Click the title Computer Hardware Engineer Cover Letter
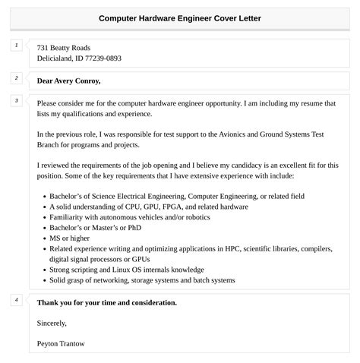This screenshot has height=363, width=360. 180,17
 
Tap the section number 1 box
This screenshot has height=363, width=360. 17,46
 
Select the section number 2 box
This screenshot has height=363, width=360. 17,78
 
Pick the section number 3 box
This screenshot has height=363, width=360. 17,101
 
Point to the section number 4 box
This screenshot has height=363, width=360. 17,301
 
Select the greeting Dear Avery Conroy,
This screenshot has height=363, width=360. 68,80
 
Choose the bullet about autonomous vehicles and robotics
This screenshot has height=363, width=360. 139,216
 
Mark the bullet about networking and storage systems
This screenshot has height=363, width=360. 142,280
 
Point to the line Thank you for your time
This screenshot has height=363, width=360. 106,302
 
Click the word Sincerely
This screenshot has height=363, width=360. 52,323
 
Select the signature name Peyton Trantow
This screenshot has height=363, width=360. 61,343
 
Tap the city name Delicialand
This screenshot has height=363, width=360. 57,58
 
